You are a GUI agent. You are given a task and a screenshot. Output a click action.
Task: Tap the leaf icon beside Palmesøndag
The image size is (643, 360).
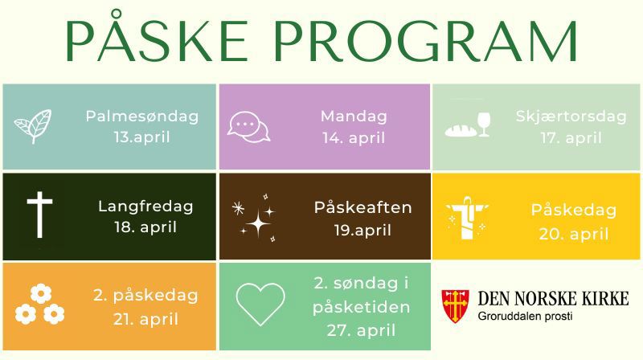tap(33, 125)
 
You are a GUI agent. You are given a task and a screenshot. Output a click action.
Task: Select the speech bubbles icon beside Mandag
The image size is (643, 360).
tap(246, 126)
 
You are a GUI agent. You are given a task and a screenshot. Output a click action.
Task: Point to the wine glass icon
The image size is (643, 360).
tap(483, 125)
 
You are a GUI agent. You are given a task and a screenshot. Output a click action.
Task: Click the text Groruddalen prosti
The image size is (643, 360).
tap(523, 316)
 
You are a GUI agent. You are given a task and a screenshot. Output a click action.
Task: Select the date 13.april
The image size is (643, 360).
tap(141, 137)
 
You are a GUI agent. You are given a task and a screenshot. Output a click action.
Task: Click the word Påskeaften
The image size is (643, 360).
tap(363, 207)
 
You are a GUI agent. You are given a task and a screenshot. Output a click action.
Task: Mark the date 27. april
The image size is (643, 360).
tap(361, 329)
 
